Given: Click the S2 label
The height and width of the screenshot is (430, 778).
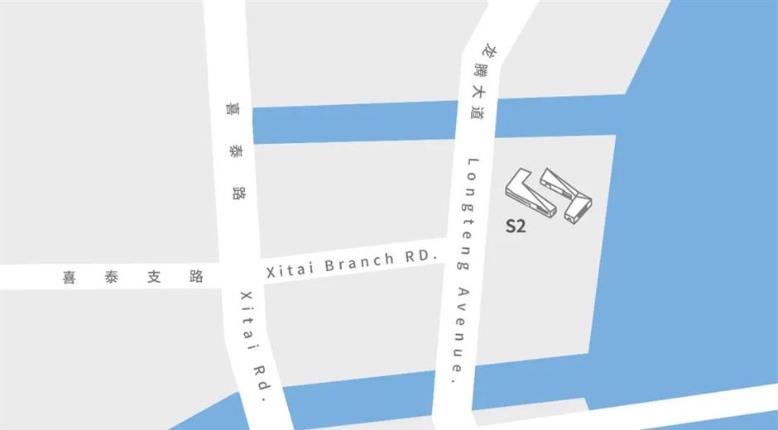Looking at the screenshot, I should pos(516,226).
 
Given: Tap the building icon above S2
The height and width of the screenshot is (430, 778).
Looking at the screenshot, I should pos(550,195).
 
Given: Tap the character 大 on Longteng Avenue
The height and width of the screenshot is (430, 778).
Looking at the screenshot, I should pos(478,92).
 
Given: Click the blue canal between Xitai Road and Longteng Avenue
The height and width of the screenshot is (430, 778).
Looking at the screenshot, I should pos(356,123).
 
